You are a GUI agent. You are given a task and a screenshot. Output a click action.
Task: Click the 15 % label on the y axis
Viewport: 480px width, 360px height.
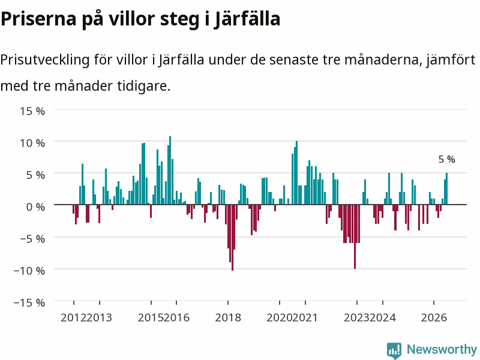pyautogui.click(x=32, y=111)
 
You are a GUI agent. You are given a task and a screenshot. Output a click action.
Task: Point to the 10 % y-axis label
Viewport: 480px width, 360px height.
pyautogui.click(x=32, y=143)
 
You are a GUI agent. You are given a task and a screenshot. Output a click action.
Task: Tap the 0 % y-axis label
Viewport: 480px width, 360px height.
pyautogui.click(x=35, y=207)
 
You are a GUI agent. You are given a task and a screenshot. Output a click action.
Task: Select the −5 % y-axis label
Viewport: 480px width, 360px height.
pyautogui.click(x=32, y=239)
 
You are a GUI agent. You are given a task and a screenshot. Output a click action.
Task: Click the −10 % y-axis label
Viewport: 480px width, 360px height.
pyautogui.click(x=29, y=271)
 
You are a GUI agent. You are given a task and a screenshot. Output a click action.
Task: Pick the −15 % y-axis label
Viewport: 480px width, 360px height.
pyautogui.click(x=29, y=302)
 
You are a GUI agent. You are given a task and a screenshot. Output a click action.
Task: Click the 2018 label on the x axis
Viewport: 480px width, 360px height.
pyautogui.click(x=228, y=318)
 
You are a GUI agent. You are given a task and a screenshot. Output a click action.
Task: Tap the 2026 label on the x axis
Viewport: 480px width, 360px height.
pyautogui.click(x=434, y=318)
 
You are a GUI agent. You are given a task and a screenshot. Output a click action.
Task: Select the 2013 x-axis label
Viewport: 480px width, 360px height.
pyautogui.click(x=99, y=318)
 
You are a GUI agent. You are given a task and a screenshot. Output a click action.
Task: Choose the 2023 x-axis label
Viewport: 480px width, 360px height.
pyautogui.click(x=356, y=318)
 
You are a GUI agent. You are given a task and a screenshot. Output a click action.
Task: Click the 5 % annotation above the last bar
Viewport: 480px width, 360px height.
pyautogui.click(x=446, y=159)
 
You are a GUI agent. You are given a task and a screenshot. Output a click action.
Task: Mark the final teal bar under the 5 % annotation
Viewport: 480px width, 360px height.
pyautogui.click(x=446, y=188)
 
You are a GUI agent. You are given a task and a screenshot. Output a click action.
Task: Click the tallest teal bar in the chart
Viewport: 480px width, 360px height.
pyautogui.click(x=170, y=170)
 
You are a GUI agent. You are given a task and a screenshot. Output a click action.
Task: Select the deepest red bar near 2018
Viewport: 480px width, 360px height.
pyautogui.click(x=232, y=238)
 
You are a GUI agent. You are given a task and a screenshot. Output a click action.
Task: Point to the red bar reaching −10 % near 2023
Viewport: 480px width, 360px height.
pyautogui.click(x=355, y=236)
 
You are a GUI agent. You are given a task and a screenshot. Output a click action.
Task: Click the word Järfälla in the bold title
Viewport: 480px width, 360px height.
pyautogui.click(x=247, y=19)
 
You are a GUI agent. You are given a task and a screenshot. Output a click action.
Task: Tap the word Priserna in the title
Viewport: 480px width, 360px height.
pyautogui.click(x=38, y=19)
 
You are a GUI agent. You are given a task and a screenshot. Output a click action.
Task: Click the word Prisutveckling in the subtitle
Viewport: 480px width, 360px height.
pyautogui.click(x=44, y=59)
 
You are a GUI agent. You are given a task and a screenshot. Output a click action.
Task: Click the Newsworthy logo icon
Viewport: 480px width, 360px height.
pyautogui.click(x=394, y=350)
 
